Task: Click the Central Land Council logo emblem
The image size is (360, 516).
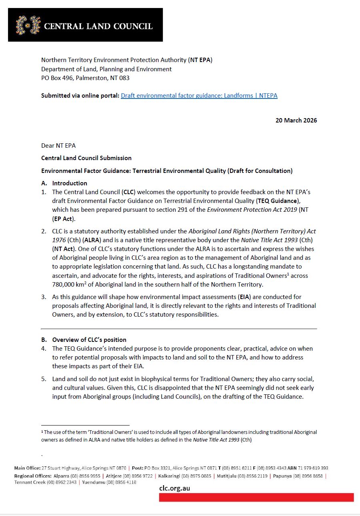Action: [28, 25]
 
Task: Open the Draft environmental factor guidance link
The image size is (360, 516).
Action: [199, 95]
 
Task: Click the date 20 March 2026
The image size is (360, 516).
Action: [296, 120]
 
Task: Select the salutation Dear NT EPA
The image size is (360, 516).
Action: [58, 145]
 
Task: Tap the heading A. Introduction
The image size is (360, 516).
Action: [64, 183]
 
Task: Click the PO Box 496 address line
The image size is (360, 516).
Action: [85, 78]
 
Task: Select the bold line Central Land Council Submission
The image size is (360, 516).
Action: [86, 158]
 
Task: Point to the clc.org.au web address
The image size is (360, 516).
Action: [174, 488]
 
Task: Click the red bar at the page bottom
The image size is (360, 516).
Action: [256, 497]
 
